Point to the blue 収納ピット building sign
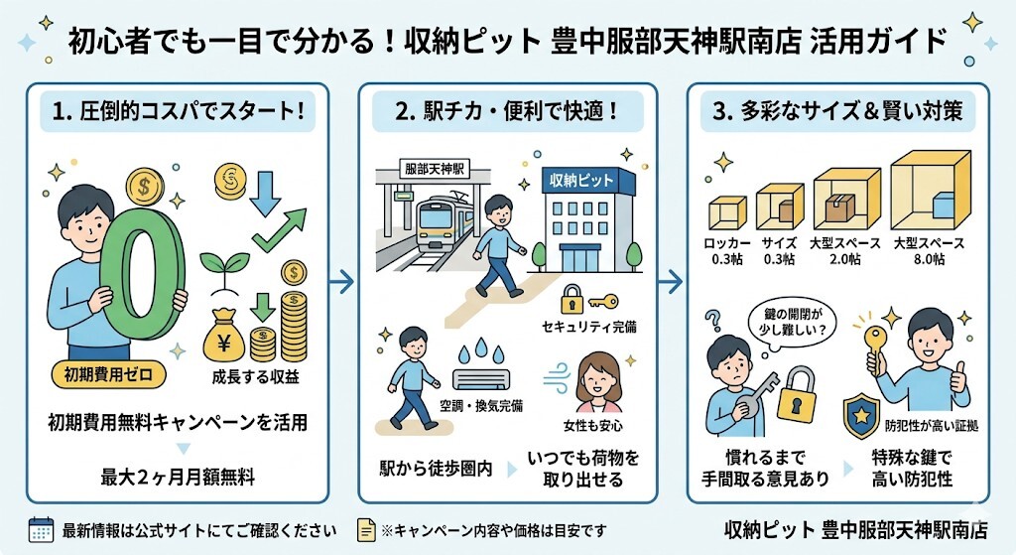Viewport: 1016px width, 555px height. [x=579, y=181]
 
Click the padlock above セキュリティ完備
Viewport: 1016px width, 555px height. [x=572, y=298]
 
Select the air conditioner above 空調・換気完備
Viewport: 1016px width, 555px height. [x=481, y=378]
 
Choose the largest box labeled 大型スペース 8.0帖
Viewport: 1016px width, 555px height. [x=930, y=191]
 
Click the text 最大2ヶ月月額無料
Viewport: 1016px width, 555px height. [x=177, y=477]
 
